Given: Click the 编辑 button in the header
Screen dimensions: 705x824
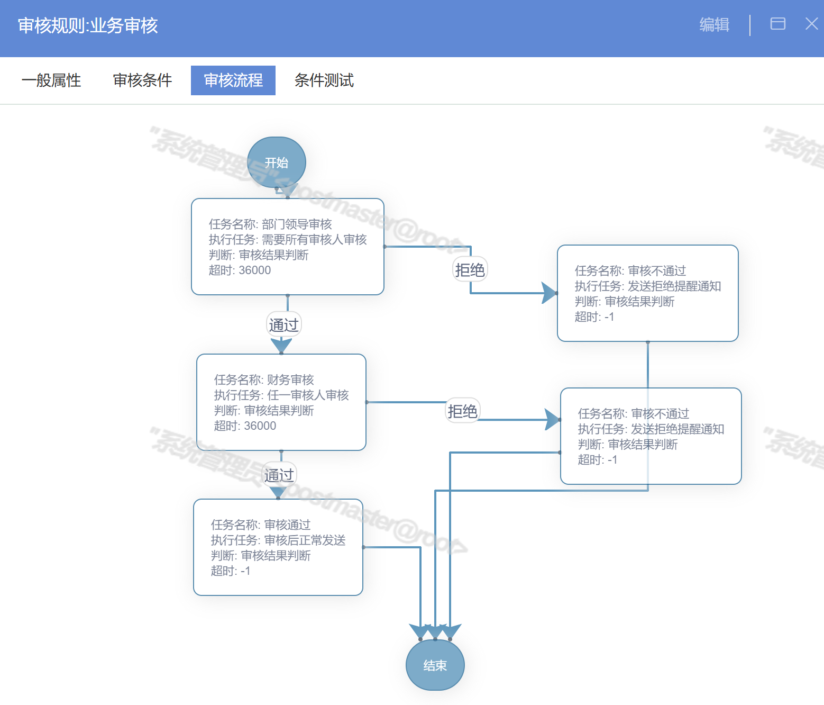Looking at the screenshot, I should (x=714, y=25).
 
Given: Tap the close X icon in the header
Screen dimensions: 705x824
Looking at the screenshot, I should (x=811, y=24).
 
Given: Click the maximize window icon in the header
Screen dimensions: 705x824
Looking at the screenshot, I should (x=777, y=24).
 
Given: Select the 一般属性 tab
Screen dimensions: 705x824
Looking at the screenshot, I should (x=51, y=80).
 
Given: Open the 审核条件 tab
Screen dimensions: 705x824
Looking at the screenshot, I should (x=142, y=80).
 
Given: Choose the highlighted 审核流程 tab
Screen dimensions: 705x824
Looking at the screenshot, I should (x=233, y=80).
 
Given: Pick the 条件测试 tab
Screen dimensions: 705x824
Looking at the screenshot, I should (x=324, y=80).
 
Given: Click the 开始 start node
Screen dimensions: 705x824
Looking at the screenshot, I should (x=277, y=162).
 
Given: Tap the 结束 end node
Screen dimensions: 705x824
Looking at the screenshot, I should (x=435, y=665).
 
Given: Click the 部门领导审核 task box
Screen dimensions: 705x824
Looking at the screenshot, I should (x=287, y=247).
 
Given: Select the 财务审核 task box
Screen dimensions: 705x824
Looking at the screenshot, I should (x=281, y=402).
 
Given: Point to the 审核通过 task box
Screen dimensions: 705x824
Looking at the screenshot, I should (x=278, y=547).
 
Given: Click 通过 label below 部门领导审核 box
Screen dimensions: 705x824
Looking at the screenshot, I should (x=284, y=325).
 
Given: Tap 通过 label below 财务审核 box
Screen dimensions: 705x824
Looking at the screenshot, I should (x=279, y=475).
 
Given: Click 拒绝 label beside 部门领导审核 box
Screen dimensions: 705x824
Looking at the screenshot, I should (x=470, y=270).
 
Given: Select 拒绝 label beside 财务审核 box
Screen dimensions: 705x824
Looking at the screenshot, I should (x=463, y=411).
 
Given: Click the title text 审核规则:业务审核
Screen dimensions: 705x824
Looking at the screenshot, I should (x=88, y=25).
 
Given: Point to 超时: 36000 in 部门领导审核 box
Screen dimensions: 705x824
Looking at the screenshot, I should (x=240, y=270).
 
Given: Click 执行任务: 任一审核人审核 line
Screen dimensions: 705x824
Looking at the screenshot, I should (x=281, y=395).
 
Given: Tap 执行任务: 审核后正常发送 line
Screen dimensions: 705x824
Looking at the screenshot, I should (x=278, y=540).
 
